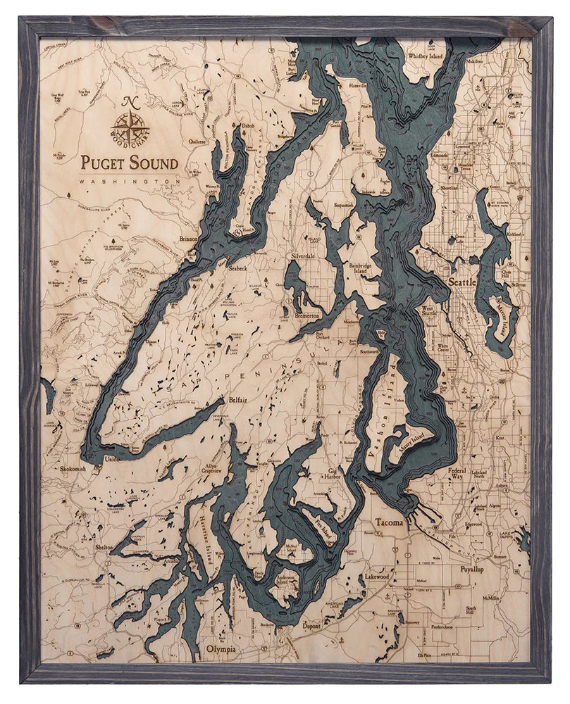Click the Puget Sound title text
(129, 162)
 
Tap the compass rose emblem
(129, 127)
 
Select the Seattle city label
(462, 282)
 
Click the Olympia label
(221, 648)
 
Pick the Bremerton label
(308, 316)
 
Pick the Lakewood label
(377, 576)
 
